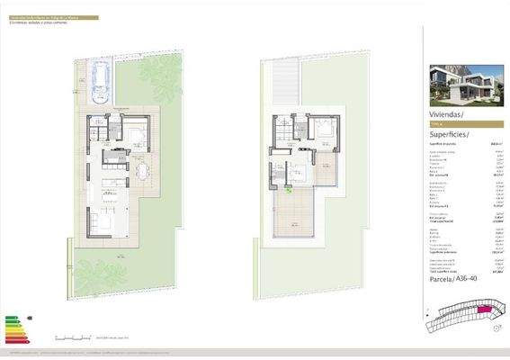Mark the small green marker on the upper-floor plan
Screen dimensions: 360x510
tap(288, 190)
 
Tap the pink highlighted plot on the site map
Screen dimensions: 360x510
tap(479, 309)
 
